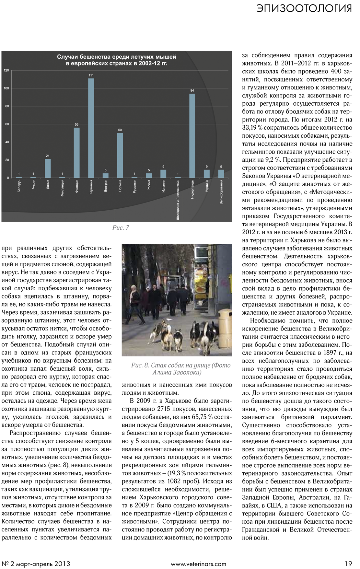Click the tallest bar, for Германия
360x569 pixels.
point(91,128)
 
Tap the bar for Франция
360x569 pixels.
point(77,153)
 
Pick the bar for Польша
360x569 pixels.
point(120,155)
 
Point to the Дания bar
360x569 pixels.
point(48,168)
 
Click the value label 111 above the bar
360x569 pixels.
point(91,75)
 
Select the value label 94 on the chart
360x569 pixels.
point(192,91)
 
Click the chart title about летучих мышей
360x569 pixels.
point(117,60)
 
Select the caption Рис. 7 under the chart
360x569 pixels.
point(121,228)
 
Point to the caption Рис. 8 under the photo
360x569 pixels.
point(181,369)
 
